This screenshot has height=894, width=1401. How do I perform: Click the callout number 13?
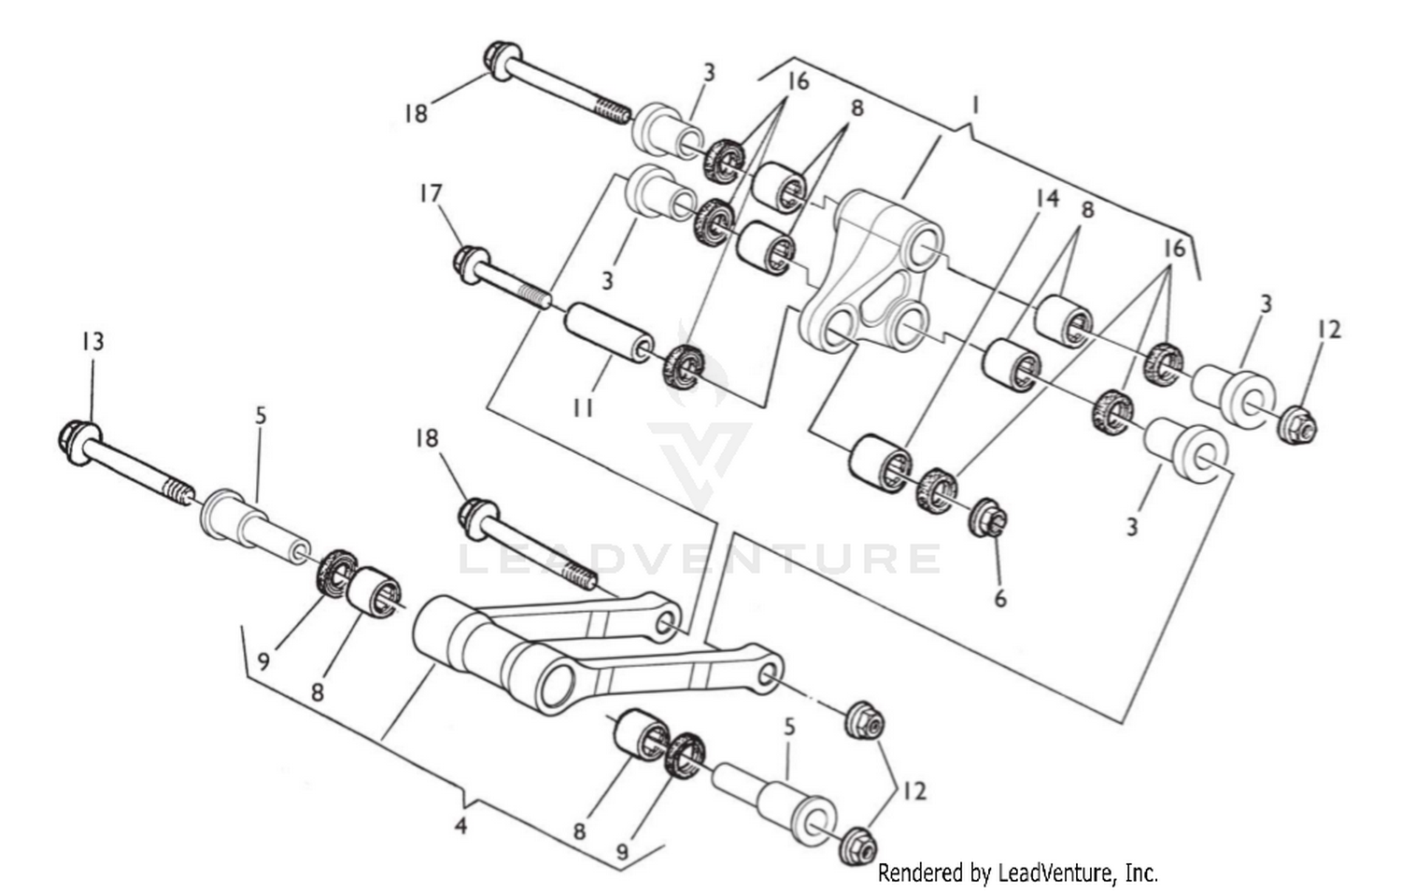pyautogui.click(x=92, y=342)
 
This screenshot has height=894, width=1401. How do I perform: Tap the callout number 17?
pyautogui.click(x=430, y=194)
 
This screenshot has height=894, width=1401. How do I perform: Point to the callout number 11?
pyautogui.click(x=584, y=408)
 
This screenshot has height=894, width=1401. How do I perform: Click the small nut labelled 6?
pyautogui.click(x=989, y=517)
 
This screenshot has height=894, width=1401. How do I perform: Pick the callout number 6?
pyautogui.click(x=1000, y=598)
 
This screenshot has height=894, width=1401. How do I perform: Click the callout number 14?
pyautogui.click(x=1047, y=198)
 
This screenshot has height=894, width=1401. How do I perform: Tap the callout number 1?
pyautogui.click(x=975, y=105)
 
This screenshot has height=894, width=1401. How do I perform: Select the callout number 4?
pyautogui.click(x=460, y=826)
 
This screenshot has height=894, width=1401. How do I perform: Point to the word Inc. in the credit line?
pyautogui.click(x=1141, y=873)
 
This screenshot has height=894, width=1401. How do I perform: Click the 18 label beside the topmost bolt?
pyautogui.click(x=416, y=114)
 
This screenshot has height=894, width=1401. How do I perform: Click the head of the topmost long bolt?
pyautogui.click(x=499, y=57)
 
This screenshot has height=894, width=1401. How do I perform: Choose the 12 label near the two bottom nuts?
pyautogui.click(x=914, y=790)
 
